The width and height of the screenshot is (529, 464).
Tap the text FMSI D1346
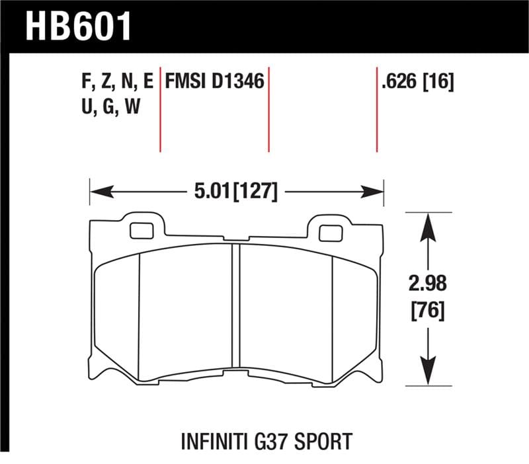tap(215, 83)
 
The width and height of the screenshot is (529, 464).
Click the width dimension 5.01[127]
tap(235, 192)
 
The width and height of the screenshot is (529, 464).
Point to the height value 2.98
tap(428, 285)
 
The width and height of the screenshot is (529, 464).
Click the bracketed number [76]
tap(428, 311)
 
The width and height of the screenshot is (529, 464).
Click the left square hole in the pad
tap(140, 231)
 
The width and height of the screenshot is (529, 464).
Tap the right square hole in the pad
tap(329, 232)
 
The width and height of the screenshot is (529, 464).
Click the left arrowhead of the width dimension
tap(97, 192)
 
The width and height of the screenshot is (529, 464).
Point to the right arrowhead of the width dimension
tap(376, 192)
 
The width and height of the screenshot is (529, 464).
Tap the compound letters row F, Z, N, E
tap(115, 83)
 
